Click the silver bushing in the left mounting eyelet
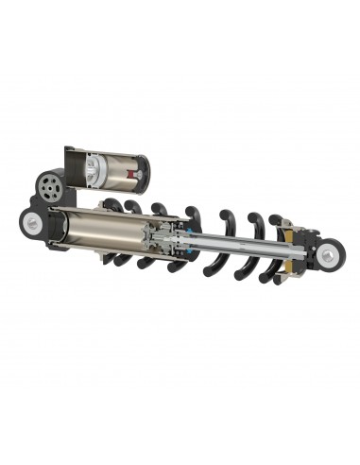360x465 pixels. [x=35, y=221]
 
